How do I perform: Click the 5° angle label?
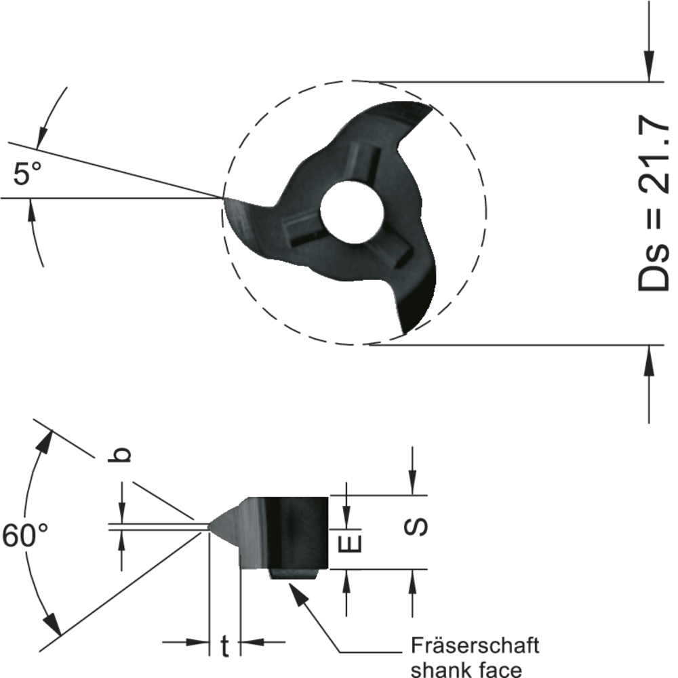pyautogui.click(x=27, y=174)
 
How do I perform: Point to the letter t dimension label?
pyautogui.click(x=225, y=646)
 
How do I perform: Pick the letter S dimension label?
pyautogui.click(x=419, y=526)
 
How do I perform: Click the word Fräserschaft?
pyautogui.click(x=475, y=644)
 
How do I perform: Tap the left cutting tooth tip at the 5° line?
pyautogui.click(x=225, y=199)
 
